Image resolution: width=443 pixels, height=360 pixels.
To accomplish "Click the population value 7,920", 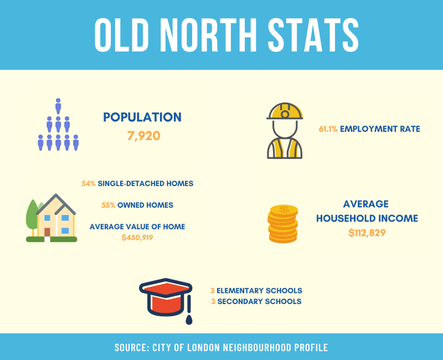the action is [143, 136].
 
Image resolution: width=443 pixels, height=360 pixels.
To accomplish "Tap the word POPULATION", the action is [142, 117].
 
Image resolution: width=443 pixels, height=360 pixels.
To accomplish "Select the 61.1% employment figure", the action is [328, 129].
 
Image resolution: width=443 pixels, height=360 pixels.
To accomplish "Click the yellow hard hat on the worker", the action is [285, 111].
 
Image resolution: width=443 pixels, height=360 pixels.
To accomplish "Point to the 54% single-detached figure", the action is [89, 183].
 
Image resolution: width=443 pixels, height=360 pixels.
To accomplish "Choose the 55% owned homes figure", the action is [108, 205].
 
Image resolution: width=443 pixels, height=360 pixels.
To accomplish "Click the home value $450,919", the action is [137, 238].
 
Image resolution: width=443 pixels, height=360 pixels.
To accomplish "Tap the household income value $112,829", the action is [367, 233].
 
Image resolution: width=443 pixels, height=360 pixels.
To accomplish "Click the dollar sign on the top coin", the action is [284, 209].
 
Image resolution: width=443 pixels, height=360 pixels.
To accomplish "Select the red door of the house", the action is [47, 232].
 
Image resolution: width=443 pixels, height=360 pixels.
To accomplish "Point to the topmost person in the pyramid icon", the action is [58, 106].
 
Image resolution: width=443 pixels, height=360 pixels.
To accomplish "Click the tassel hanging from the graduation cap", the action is [189, 311].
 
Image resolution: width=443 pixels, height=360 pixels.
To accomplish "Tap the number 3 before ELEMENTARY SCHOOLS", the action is [213, 290].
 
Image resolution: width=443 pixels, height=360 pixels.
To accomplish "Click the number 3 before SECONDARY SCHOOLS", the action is [213, 301].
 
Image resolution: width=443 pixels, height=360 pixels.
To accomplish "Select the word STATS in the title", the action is [313, 35].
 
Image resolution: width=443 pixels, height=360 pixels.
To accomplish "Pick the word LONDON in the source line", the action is [203, 347].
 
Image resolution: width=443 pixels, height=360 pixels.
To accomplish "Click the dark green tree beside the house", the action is [32, 216].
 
